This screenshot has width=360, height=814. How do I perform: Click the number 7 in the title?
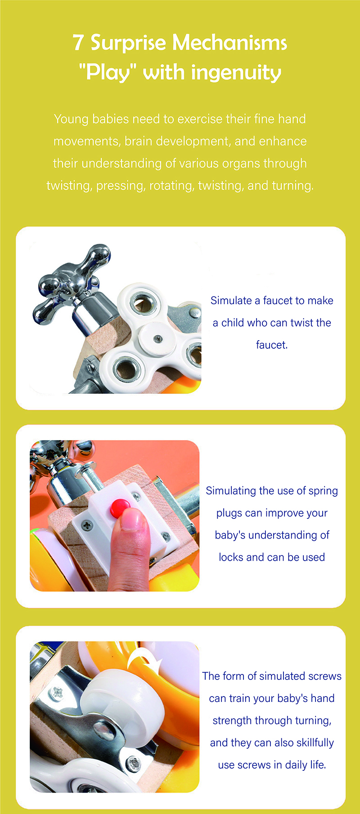click(x=78, y=43)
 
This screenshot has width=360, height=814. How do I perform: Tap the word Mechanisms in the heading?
click(x=229, y=43)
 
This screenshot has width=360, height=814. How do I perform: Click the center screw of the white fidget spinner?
click(x=157, y=338)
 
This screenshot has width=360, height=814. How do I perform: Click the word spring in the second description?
click(x=323, y=491)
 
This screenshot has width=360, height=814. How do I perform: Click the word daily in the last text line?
click(x=296, y=765)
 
